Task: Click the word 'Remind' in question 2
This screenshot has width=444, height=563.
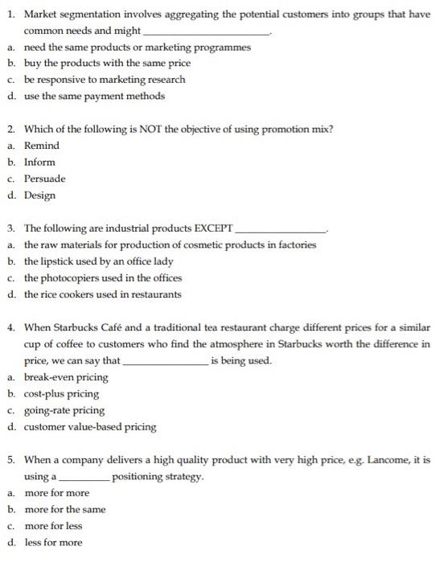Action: [42, 146]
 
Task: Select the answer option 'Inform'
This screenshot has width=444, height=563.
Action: [40, 162]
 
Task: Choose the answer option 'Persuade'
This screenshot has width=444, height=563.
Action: [45, 179]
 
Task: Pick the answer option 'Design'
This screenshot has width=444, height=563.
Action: [40, 195]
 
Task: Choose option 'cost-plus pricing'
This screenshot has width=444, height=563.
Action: [62, 394]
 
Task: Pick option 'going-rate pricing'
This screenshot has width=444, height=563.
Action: [64, 410]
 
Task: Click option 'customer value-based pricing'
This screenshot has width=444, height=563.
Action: [90, 427]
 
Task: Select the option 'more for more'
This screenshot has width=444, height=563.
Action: [57, 493]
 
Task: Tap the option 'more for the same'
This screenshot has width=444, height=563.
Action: [65, 509]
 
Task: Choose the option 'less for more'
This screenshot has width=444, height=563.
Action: [53, 542]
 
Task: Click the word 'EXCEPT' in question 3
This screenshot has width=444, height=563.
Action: [208, 228]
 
